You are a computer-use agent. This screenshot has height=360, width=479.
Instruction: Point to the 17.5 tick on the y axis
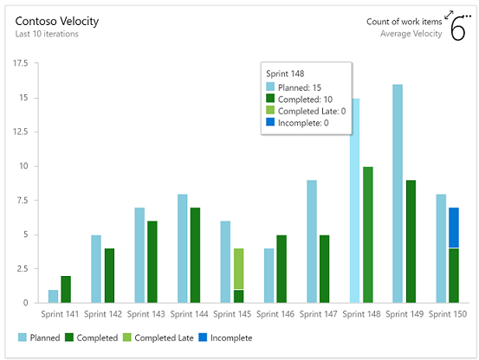[x=19, y=64]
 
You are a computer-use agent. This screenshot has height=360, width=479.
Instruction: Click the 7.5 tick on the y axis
[x=22, y=201]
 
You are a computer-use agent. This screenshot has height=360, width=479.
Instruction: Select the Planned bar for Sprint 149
[x=398, y=193]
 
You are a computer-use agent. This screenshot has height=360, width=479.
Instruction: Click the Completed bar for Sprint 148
[x=368, y=235]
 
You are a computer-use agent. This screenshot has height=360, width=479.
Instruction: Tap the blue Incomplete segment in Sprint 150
[x=455, y=228]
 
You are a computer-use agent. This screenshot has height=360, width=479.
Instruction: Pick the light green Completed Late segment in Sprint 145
[x=238, y=268]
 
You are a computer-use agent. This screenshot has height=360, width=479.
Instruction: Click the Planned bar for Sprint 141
[x=53, y=296]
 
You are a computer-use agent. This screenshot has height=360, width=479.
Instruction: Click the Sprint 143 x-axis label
[x=146, y=315]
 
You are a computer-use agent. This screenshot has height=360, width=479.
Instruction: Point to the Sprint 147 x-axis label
[x=319, y=315]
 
